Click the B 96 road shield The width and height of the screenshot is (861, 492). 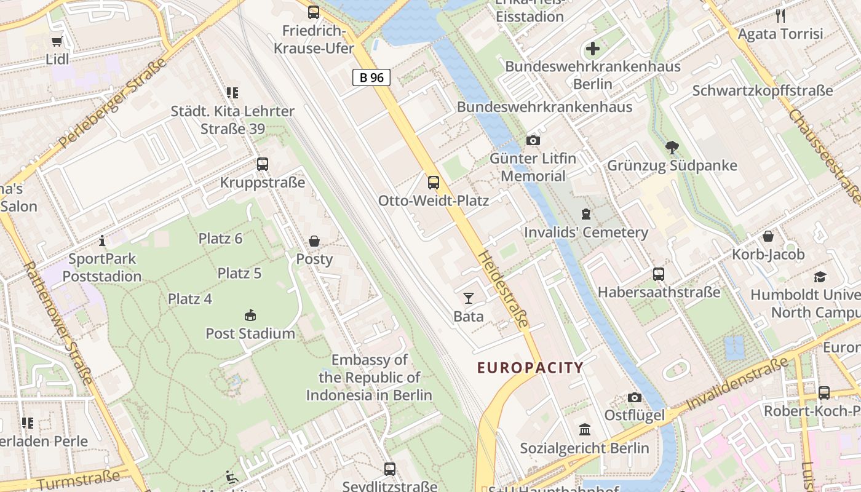pyautogui.click(x=371, y=77)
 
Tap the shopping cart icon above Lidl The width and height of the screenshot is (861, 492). pyautogui.click(x=57, y=42)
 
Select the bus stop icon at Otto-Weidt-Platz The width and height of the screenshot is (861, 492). pyautogui.click(x=434, y=182)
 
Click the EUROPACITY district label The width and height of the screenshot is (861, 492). pyautogui.click(x=530, y=368)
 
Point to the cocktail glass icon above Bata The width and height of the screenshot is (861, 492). pyautogui.click(x=469, y=298)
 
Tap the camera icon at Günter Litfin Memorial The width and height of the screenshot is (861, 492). pyautogui.click(x=533, y=141)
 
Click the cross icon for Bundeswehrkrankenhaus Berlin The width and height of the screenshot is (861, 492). pyautogui.click(x=593, y=49)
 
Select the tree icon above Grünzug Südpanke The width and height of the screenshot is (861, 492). pyautogui.click(x=672, y=147)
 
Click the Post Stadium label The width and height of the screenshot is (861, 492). pyautogui.click(x=250, y=333)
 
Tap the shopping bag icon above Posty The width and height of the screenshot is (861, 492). pyautogui.click(x=314, y=241)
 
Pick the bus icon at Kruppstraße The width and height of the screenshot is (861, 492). pyautogui.click(x=263, y=164)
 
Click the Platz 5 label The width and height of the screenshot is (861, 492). pyautogui.click(x=239, y=273)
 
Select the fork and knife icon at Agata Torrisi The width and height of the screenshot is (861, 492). pyautogui.click(x=780, y=16)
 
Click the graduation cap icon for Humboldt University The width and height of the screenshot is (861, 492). pyautogui.click(x=820, y=277)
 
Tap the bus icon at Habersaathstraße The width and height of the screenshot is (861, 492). pyautogui.click(x=659, y=274)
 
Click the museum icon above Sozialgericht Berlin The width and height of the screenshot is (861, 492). pyautogui.click(x=585, y=429)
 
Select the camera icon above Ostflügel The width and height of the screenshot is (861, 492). pyautogui.click(x=635, y=398)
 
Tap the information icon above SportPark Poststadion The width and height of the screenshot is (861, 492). pyautogui.click(x=102, y=240)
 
